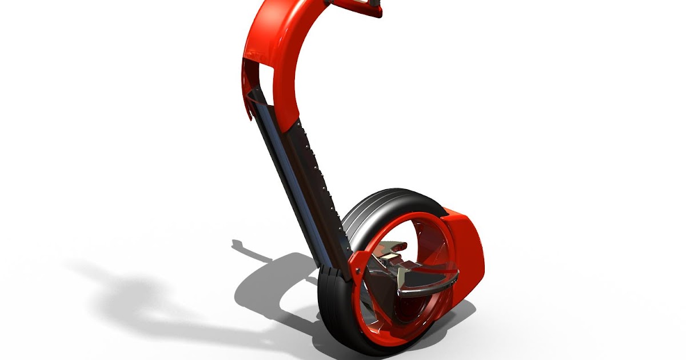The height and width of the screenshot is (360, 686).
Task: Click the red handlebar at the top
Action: pos(349,7)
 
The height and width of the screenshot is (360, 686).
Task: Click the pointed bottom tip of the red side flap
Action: pos(249,118)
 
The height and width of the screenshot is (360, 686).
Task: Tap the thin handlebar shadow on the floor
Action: pos(252,249)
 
